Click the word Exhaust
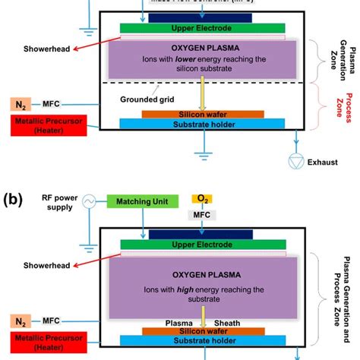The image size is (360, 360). pos(318,162)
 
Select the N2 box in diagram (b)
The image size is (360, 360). pos(21,321)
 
